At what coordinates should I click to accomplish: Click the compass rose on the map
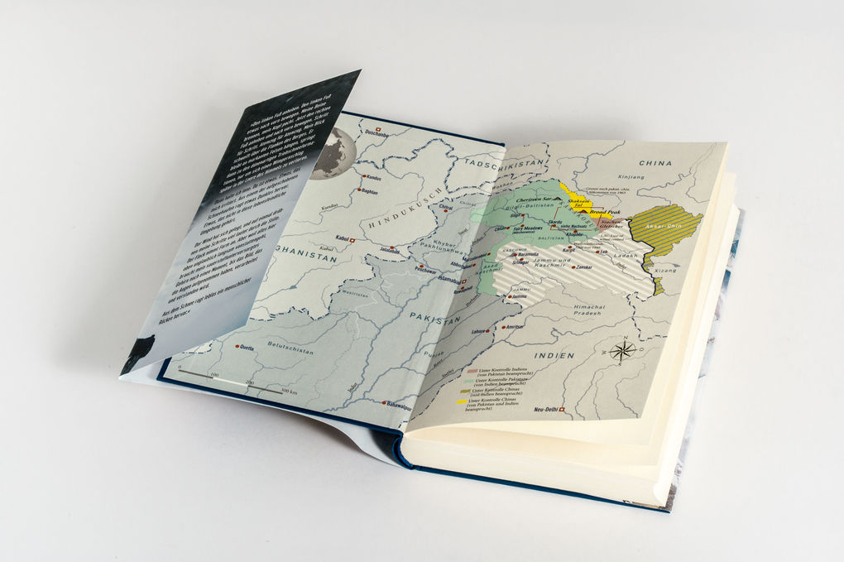623,351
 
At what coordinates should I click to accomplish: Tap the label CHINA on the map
655,163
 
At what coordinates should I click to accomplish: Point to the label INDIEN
554,356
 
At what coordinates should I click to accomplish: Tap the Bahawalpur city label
398,405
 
